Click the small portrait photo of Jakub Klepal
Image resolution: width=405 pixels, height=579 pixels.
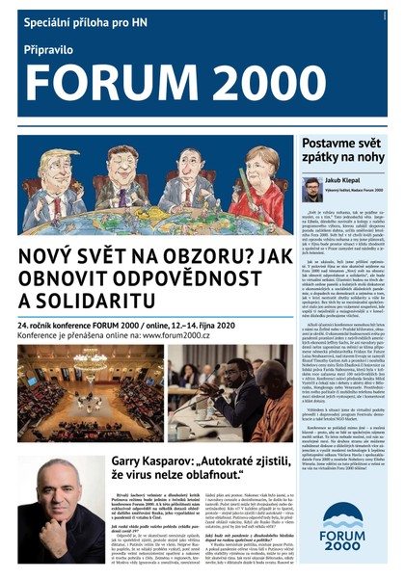coord(311,190)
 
